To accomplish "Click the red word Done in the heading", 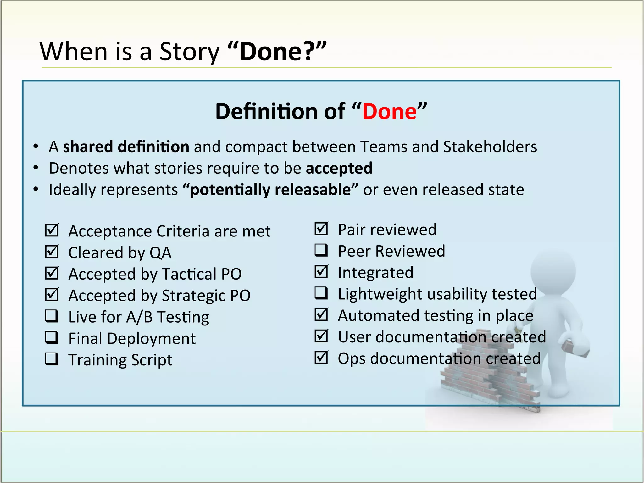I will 389,112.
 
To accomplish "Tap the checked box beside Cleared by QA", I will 52,252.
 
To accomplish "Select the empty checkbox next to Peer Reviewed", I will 321,250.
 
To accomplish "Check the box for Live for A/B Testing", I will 52,316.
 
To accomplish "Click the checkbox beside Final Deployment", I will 52,338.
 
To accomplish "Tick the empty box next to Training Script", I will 52,359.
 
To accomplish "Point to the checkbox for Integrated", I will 321,272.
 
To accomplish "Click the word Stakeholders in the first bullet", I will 490,147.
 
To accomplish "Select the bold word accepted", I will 339,168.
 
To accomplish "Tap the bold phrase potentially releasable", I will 270,190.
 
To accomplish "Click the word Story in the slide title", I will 189,52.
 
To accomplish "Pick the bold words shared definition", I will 126,147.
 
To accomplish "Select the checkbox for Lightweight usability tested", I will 321,293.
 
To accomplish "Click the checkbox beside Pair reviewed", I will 321,229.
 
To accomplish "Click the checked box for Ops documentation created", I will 321,358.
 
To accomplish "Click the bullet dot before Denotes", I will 36,168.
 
